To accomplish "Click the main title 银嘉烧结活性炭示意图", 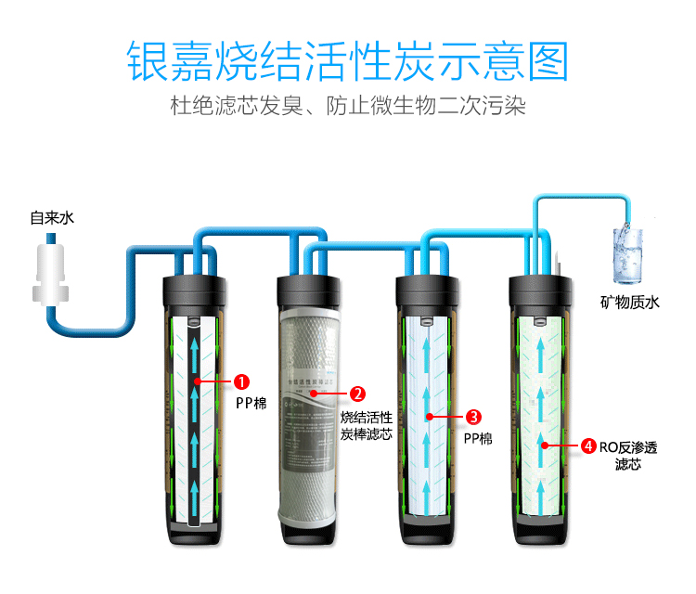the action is coord(347,59).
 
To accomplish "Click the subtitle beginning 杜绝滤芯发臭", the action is coord(347,106).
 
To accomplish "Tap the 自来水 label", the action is coord(51,219).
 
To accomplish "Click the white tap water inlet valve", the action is coord(51,270).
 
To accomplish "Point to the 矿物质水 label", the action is coord(628,302).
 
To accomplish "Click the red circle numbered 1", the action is coord(241,381).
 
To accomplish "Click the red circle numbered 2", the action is coord(357,394).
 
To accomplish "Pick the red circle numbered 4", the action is coord(588,446).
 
